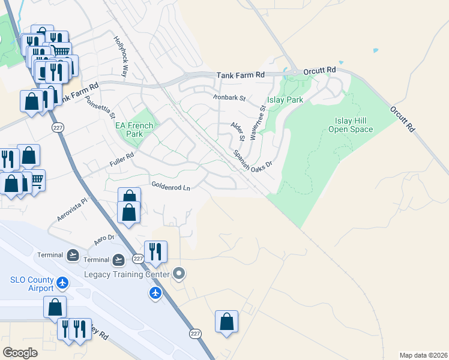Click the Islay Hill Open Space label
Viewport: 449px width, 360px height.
pos(351,125)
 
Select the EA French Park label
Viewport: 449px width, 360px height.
pos(134,130)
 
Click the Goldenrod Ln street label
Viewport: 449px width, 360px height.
pos(170,187)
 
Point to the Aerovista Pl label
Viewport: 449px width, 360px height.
pos(73,210)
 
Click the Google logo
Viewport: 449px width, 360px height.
pos(20,353)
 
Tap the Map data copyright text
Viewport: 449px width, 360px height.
pos(423,355)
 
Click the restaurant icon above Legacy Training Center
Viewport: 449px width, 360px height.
pos(155,252)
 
